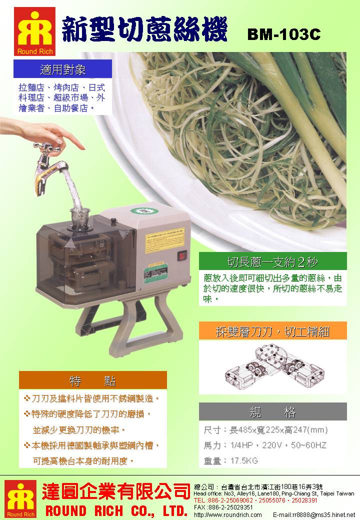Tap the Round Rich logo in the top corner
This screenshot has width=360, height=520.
(34, 31)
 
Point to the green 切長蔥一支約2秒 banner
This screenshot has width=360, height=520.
(272, 261)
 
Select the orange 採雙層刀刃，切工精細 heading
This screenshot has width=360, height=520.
(272, 330)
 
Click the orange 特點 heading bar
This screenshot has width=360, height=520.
(92, 380)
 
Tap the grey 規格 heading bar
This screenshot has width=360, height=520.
(272, 411)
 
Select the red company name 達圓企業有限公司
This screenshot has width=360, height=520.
(115, 491)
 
